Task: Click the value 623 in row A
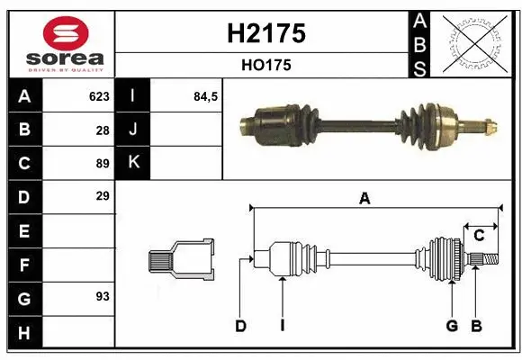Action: pyautogui.click(x=98, y=96)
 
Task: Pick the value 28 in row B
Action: pyautogui.click(x=102, y=130)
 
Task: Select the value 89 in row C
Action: pyautogui.click(x=102, y=163)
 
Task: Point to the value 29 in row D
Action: pyautogui.click(x=102, y=196)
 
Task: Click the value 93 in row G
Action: pyautogui.click(x=102, y=295)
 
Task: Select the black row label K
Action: pyautogui.click(x=134, y=163)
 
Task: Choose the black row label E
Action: pyautogui.click(x=23, y=230)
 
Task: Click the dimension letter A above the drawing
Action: pyautogui.click(x=364, y=199)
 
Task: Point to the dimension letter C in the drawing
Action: pyautogui.click(x=479, y=236)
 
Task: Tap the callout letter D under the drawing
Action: pyautogui.click(x=240, y=326)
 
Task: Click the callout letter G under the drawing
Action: pyautogui.click(x=452, y=326)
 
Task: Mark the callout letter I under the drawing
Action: pyautogui.click(x=282, y=326)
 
